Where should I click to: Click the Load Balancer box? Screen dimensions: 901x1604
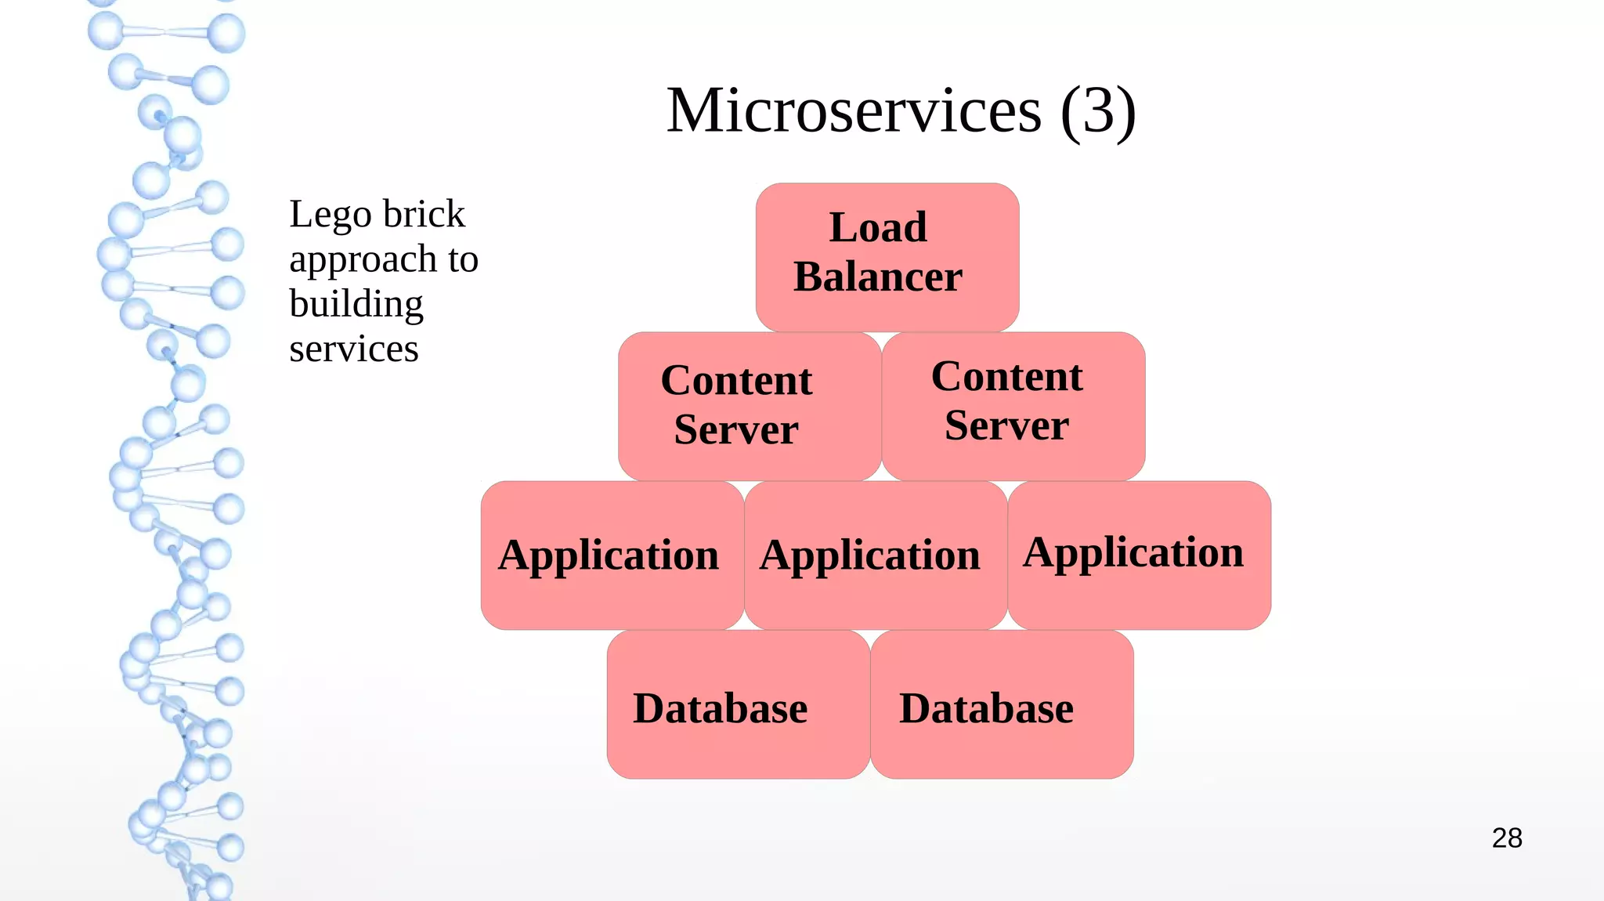[887, 257]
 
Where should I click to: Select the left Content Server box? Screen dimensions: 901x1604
[750, 406]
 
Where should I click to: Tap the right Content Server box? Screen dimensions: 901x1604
[1013, 406]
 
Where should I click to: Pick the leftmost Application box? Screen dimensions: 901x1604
[612, 555]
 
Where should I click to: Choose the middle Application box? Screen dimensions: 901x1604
[875, 555]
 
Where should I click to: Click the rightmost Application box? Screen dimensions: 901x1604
[1139, 555]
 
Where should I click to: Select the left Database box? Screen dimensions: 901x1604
[738, 704]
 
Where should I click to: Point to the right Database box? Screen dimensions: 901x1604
[1001, 704]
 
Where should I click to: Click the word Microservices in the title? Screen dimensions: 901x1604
[854, 110]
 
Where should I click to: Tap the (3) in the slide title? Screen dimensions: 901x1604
[1098, 110]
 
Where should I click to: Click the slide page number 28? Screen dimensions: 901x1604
[1507, 838]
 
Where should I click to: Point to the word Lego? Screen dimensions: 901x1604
[330, 215]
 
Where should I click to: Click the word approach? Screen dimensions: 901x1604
[363, 260]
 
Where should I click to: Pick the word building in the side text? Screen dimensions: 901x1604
[356, 304]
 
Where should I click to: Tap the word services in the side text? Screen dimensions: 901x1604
[354, 349]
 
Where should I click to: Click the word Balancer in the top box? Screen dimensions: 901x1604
[878, 277]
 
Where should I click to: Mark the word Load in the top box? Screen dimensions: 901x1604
[878, 227]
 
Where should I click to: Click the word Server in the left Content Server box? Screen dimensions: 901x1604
[736, 429]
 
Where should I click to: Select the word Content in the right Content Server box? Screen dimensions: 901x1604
[1006, 376]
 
